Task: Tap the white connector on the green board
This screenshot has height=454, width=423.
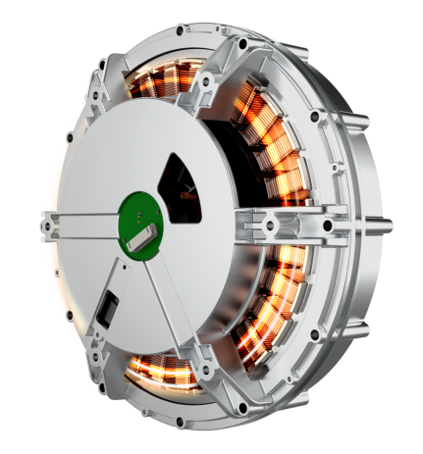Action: point(148,231)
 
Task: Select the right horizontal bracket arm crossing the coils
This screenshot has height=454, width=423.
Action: point(294,218)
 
